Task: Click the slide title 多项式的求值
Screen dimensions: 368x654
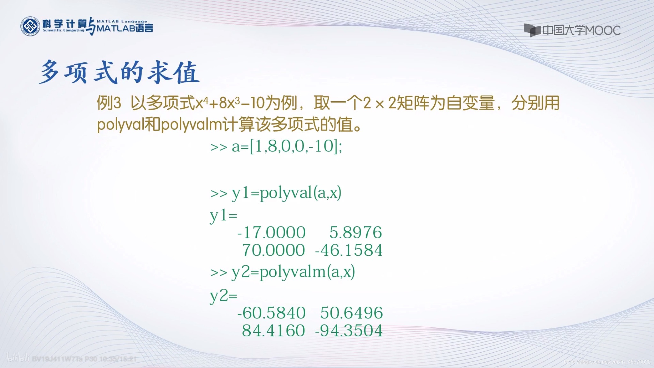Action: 119,72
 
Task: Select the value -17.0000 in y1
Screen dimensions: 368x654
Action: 271,232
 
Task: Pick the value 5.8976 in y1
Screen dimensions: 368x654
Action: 355,232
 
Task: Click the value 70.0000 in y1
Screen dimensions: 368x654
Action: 273,250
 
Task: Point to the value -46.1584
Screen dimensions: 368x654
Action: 348,250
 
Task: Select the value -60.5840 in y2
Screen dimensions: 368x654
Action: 271,312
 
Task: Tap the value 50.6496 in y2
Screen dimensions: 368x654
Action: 351,312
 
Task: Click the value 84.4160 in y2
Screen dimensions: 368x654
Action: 273,330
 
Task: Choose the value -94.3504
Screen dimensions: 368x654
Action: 348,330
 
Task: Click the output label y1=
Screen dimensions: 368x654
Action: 223,216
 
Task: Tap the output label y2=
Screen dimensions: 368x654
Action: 223,296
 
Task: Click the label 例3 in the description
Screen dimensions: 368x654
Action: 109,103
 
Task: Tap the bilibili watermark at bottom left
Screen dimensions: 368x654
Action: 18,358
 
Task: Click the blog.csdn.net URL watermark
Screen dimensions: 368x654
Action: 607,362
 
